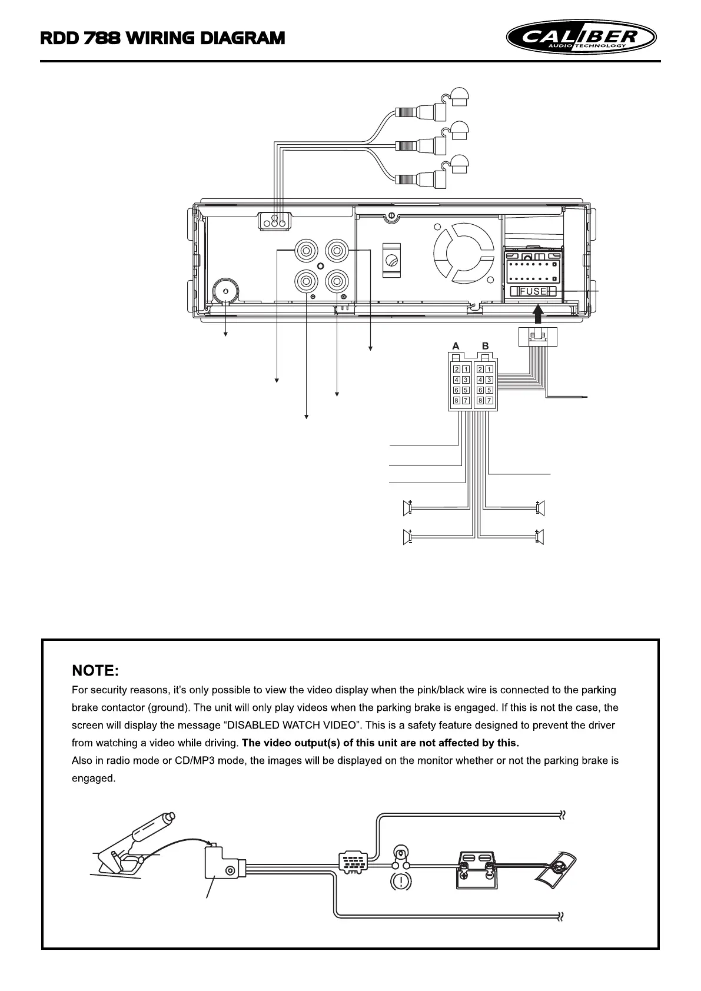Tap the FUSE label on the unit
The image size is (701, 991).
click(x=533, y=291)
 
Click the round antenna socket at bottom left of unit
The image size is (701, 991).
click(x=225, y=291)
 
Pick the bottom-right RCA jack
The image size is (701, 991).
click(x=337, y=282)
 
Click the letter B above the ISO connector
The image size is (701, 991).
click(x=485, y=345)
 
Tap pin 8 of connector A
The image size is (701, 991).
click(x=457, y=401)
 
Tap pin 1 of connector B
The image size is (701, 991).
click(x=489, y=369)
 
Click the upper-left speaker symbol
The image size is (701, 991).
click(x=407, y=507)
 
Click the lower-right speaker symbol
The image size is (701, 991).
click(x=540, y=537)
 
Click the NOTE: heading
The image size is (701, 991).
click(x=95, y=670)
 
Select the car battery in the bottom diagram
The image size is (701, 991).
click(x=476, y=870)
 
